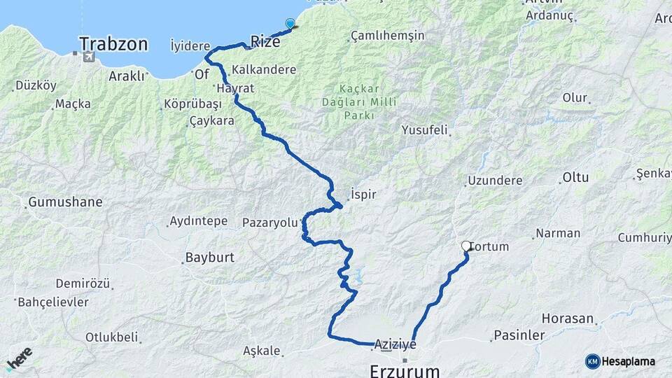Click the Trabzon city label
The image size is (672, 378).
(113, 45)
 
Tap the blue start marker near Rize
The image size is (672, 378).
(290, 24)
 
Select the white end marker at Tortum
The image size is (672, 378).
(466, 246)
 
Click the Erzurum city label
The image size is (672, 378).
(405, 370)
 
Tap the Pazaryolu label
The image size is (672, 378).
(269, 223)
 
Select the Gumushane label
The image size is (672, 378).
(65, 202)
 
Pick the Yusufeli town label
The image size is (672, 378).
(424, 130)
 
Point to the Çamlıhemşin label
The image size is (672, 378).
(387, 34)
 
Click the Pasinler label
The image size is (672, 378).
(519, 335)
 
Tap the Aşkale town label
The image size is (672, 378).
(262, 351)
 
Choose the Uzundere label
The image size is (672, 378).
(495, 181)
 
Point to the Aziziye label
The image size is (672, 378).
(395, 344)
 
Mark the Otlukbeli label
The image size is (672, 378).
(111, 337)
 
